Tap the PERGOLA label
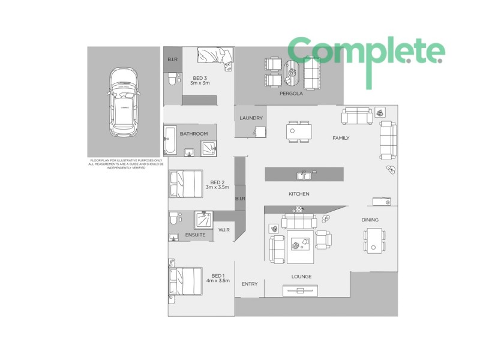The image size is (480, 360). [x=291, y=94]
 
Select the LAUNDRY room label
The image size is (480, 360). [x=251, y=118]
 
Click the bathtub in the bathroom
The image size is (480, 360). [x=169, y=141]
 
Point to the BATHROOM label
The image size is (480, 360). [x=194, y=134]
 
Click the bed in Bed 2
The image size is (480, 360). [x=185, y=184]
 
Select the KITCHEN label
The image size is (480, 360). [x=299, y=194]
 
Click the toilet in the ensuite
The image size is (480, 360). [x=173, y=218]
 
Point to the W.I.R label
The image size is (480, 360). [x=224, y=229]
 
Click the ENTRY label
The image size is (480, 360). [x=250, y=284]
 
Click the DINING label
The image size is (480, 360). [x=370, y=220]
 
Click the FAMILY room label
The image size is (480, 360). [x=341, y=138]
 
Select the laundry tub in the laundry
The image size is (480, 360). [x=259, y=131]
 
